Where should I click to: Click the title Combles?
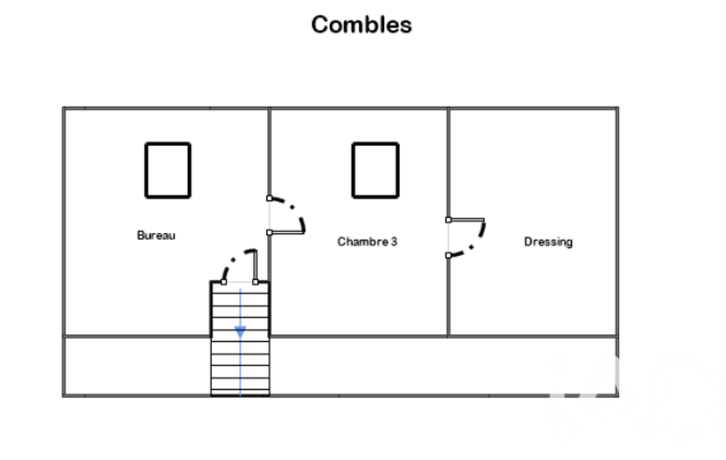click(x=361, y=25)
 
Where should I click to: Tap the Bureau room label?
click(x=156, y=235)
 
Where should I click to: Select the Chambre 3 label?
click(x=367, y=241)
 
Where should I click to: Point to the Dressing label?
click(x=548, y=241)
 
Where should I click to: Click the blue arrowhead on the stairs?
click(x=240, y=332)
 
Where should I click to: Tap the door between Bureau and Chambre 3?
click(x=303, y=222)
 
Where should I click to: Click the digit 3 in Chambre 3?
click(x=394, y=241)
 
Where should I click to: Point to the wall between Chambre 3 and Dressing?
click(x=448, y=222)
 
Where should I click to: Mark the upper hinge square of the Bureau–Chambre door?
click(x=269, y=198)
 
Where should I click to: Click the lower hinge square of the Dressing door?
click(x=448, y=255)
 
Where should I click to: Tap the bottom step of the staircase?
click(x=240, y=393)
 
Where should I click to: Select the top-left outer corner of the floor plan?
click(x=64, y=108)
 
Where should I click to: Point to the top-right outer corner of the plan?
click(x=618, y=108)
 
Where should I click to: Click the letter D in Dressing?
click(x=528, y=241)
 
